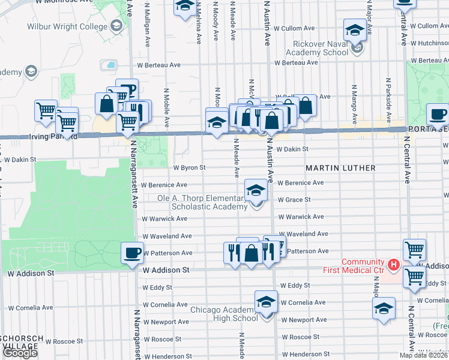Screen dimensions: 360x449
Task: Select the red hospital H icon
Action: point(393,264)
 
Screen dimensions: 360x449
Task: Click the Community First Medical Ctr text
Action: point(362,266)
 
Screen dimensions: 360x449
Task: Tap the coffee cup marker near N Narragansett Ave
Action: point(132,253)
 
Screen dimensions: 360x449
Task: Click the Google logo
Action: point(20,353)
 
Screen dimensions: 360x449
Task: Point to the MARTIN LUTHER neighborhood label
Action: point(340,168)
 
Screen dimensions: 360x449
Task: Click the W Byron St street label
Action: point(190,168)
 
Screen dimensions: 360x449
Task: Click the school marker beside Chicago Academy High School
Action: point(266,301)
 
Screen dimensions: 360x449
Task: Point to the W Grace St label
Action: point(294,199)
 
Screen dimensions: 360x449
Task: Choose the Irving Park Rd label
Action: point(55,136)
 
